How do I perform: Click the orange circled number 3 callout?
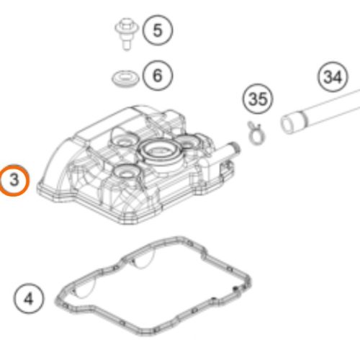pyautogui.click(x=14, y=180)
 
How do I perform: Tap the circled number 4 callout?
pyautogui.click(x=29, y=299)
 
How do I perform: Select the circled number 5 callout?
pyautogui.click(x=158, y=30)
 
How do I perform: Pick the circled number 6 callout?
pyautogui.click(x=158, y=76)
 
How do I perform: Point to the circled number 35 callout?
pyautogui.click(x=258, y=99)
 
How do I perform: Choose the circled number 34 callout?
pyautogui.click(x=333, y=77)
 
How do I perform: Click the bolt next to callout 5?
pyautogui.click(x=127, y=34)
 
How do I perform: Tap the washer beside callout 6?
pyautogui.click(x=125, y=78)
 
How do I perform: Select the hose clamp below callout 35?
pyautogui.click(x=255, y=133)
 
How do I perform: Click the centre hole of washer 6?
pyautogui.click(x=125, y=77)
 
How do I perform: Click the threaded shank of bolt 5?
pyautogui.click(x=127, y=43)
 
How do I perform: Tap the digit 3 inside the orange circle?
pyautogui.click(x=14, y=180)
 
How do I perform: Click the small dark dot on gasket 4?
pyautogui.click(x=235, y=288)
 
